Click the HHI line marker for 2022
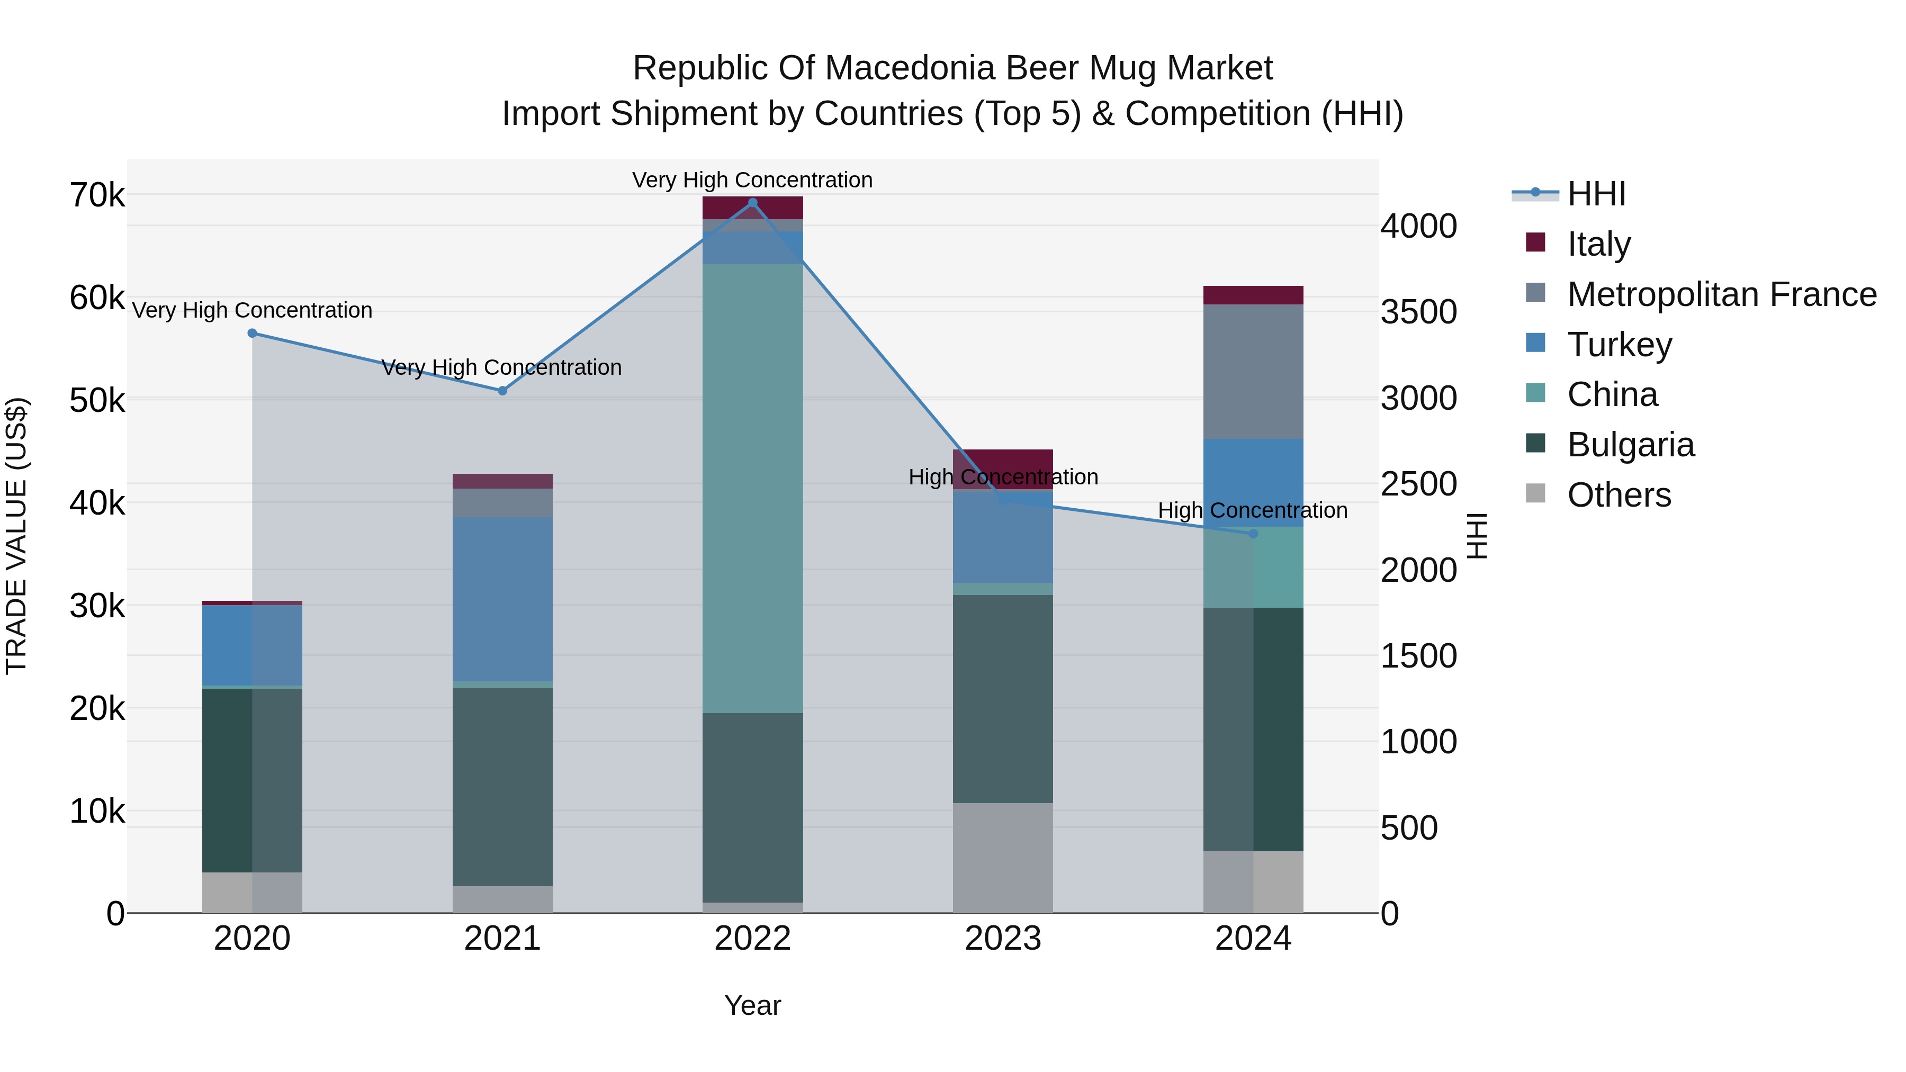tap(752, 203)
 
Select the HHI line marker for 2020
tap(253, 334)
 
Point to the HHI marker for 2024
tap(1253, 534)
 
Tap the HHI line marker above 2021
tap(502, 391)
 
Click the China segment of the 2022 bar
tap(752, 488)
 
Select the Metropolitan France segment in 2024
tap(1253, 372)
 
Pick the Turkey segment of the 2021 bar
tap(502, 599)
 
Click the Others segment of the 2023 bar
tap(1003, 858)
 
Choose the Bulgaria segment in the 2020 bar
tap(253, 780)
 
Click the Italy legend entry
tap(1598, 244)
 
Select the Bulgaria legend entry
tap(1630, 445)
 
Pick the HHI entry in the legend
tap(1596, 194)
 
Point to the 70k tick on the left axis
tap(97, 196)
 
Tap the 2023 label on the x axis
tap(1003, 939)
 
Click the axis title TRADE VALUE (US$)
tap(16, 536)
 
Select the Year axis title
tap(752, 1005)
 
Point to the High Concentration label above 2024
tap(1253, 510)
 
